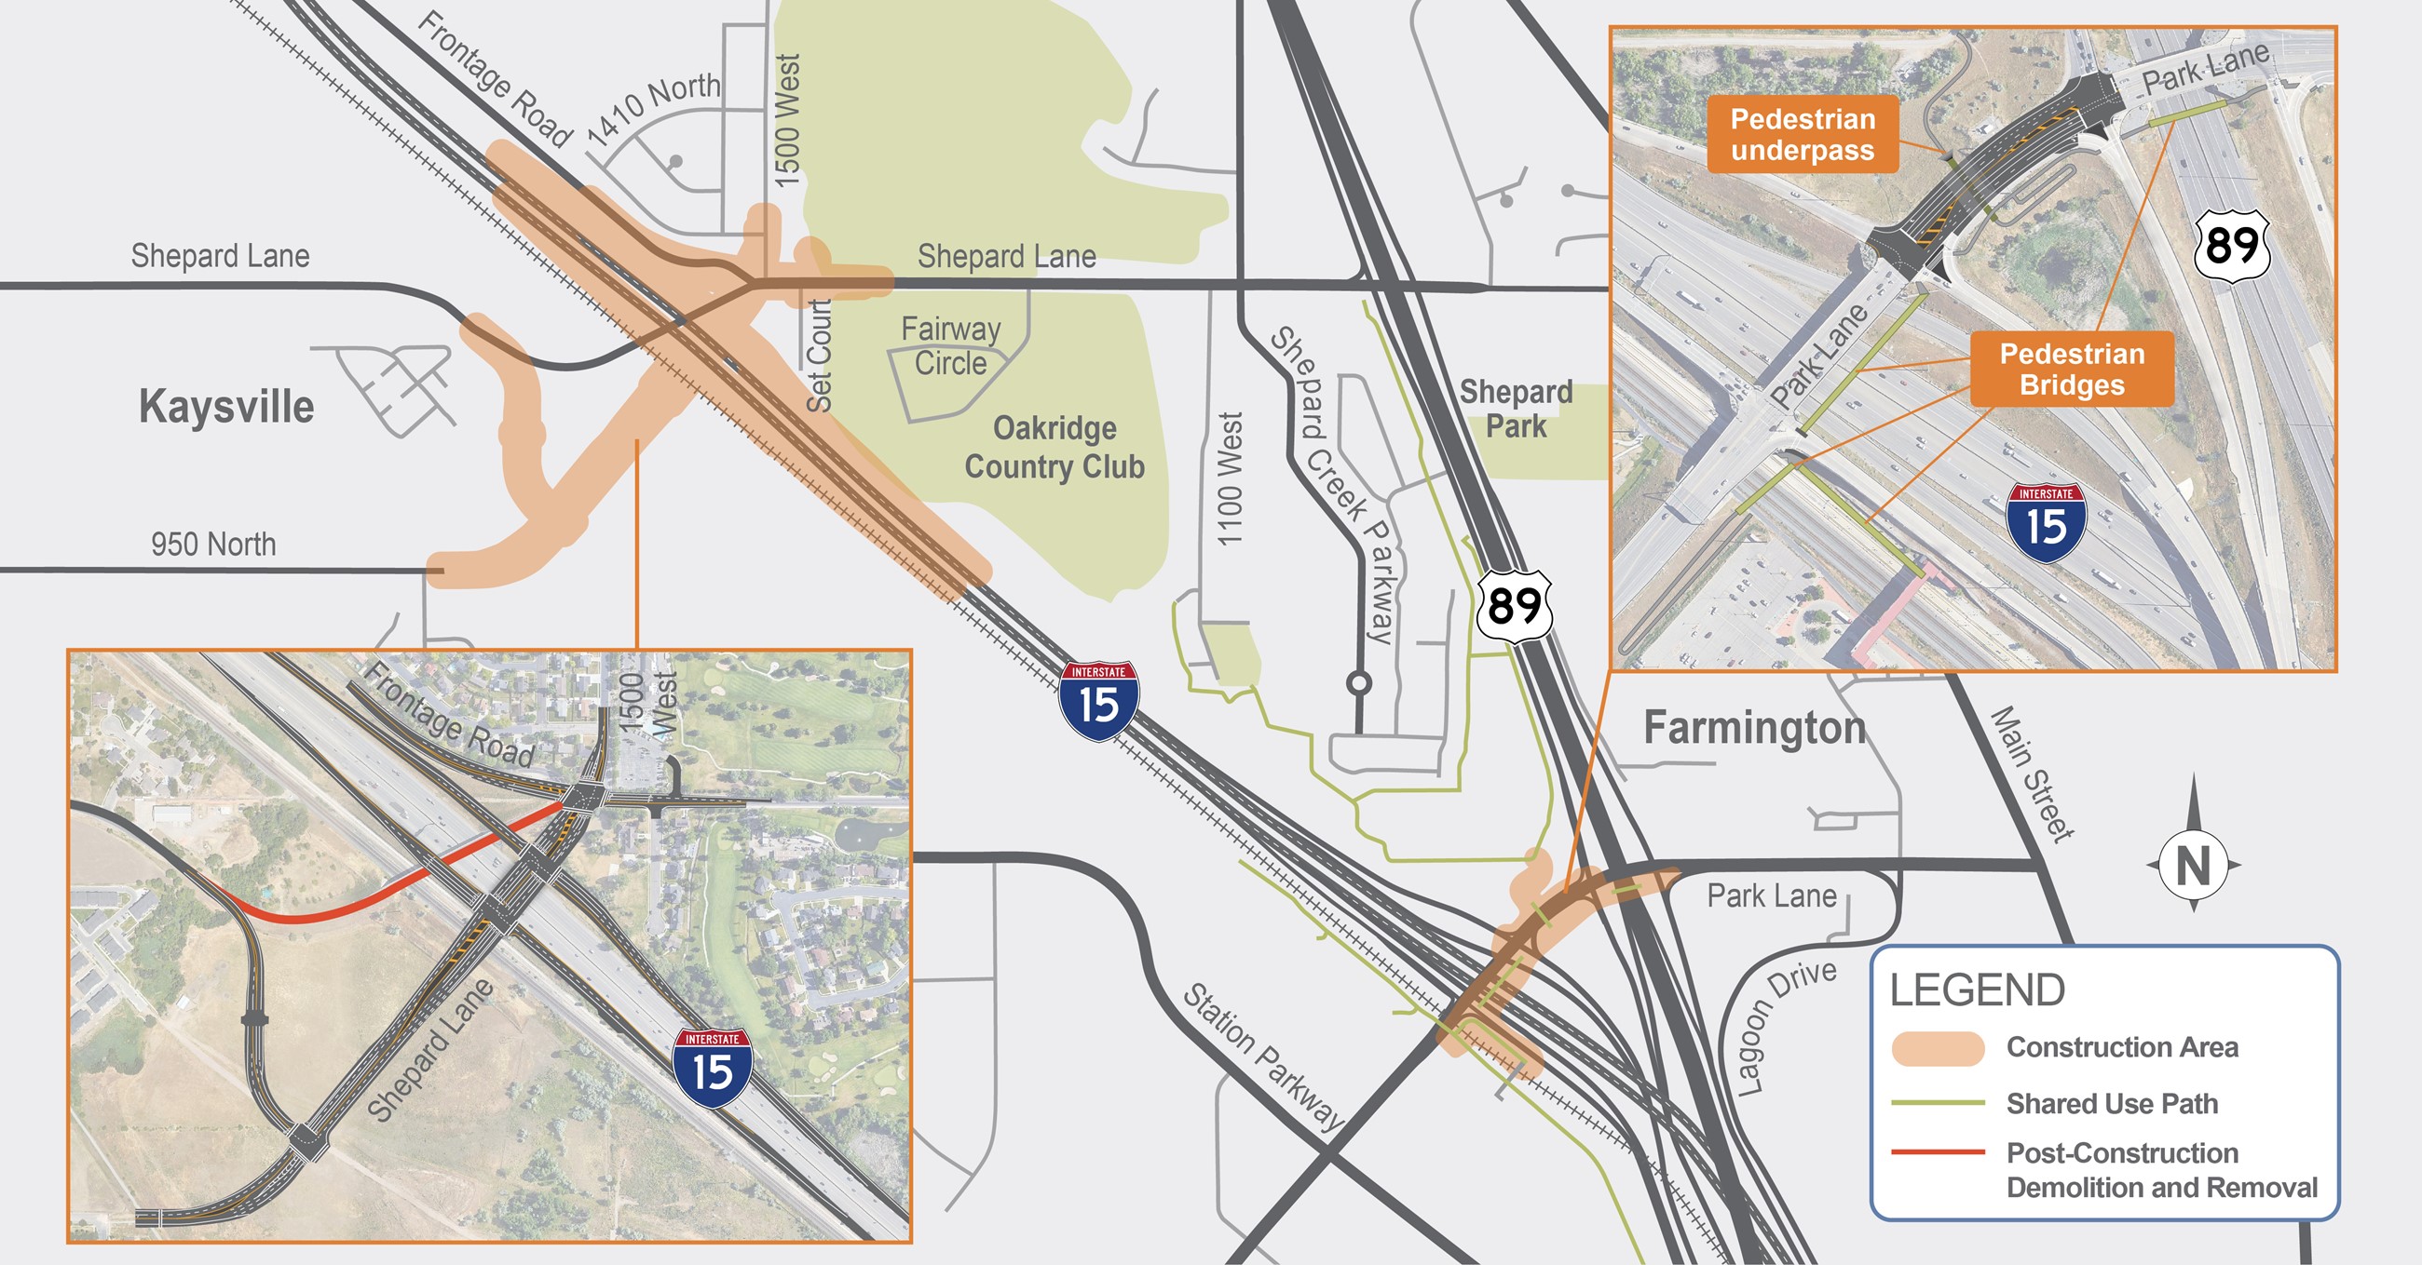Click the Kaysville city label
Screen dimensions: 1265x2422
[x=225, y=407]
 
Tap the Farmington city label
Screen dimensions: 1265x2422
[x=1754, y=728]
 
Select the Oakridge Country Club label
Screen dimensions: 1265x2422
[x=1054, y=448]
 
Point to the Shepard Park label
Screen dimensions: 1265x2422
[x=1516, y=409]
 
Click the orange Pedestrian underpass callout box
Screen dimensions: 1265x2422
[x=1803, y=134]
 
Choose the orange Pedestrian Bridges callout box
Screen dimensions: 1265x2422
[x=2072, y=370]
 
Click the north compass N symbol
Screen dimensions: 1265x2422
[x=2193, y=866]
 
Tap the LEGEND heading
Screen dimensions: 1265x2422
[x=1978, y=990]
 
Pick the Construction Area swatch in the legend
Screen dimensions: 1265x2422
[x=1938, y=1048]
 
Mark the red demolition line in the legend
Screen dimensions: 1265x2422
[x=1938, y=1152]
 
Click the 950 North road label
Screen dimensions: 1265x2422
[x=213, y=545]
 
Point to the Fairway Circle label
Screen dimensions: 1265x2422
[x=950, y=346]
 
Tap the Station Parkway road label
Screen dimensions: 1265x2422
[x=1263, y=1056]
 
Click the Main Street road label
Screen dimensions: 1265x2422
[x=2033, y=774]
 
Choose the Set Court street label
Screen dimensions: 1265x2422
[x=819, y=357]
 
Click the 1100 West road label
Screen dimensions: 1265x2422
[x=1230, y=478]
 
